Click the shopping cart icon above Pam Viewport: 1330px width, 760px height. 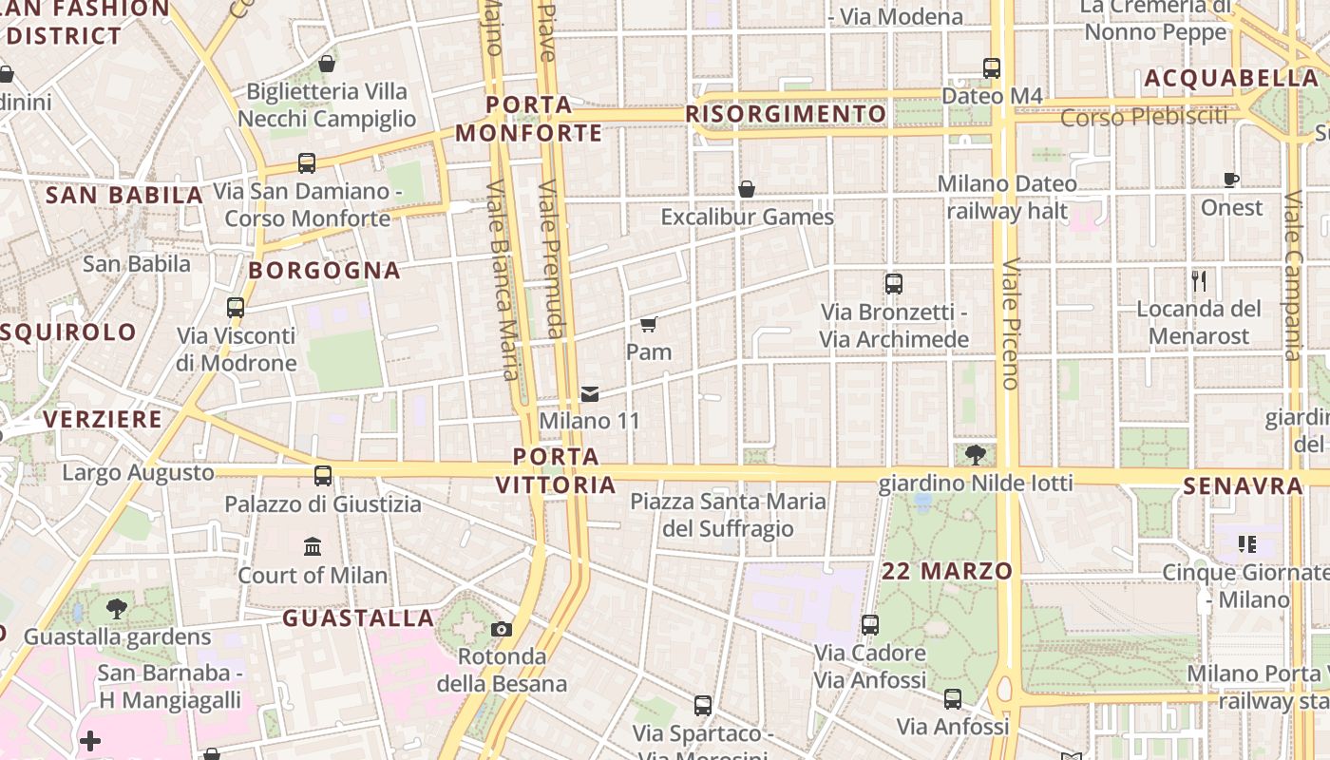pos(649,325)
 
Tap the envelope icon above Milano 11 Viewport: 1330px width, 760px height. pos(590,394)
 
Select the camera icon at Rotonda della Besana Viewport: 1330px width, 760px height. pos(502,629)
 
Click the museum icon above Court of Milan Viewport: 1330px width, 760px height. pos(313,546)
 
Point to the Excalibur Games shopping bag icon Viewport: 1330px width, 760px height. pos(747,189)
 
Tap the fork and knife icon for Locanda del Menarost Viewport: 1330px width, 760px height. pos(1199,280)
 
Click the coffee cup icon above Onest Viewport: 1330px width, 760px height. pos(1231,180)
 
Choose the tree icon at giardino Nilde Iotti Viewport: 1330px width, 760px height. pos(975,454)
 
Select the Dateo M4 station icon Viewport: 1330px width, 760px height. pos(992,67)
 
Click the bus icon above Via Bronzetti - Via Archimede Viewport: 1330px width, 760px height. pos(893,283)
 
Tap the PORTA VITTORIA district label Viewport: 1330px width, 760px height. pos(556,470)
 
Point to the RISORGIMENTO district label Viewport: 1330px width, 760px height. pos(786,115)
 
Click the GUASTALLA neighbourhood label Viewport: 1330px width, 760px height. pos(358,618)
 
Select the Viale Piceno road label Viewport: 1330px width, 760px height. pos(1010,323)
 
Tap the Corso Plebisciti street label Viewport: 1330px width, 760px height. pos(1144,118)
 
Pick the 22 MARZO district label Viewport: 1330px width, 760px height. pos(947,571)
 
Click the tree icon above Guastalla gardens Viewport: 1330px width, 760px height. pos(117,608)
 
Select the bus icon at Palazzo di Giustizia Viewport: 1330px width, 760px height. pos(323,475)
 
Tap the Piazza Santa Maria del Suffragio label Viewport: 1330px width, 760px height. pos(729,514)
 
